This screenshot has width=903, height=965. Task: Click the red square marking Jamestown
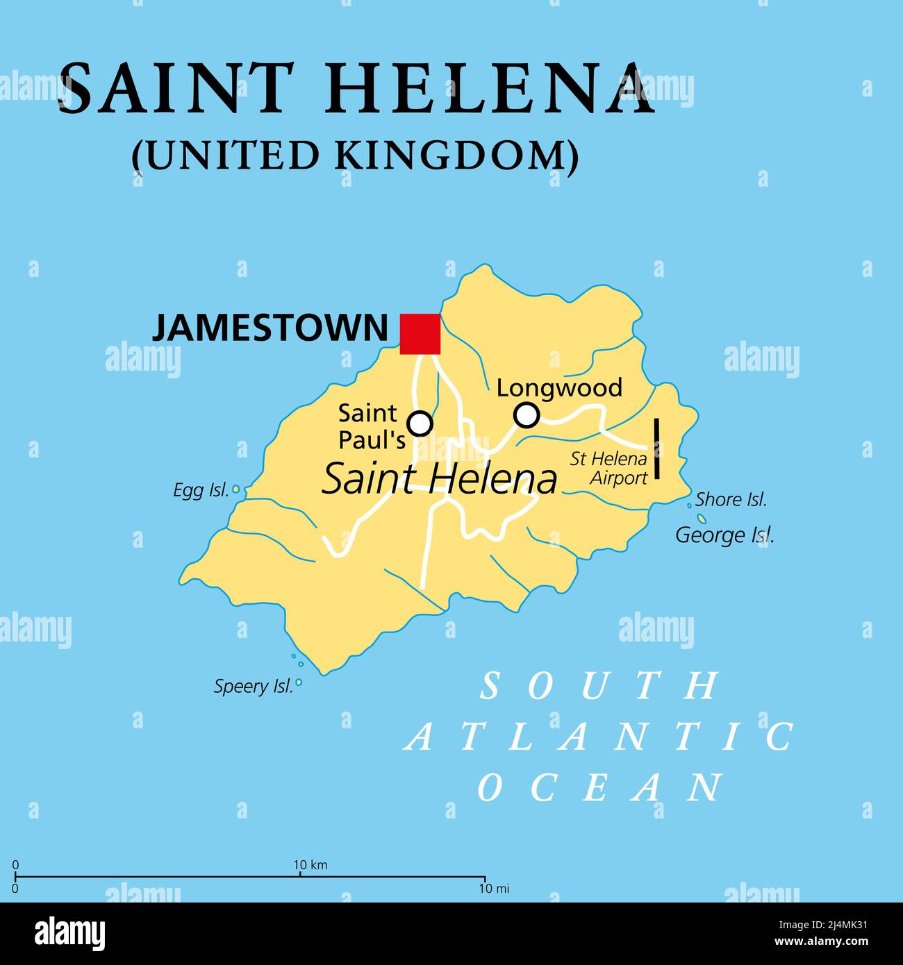420,334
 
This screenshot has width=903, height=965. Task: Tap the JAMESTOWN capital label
270,328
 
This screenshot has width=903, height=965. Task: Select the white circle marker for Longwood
527,415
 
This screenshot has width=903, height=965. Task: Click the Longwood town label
559,387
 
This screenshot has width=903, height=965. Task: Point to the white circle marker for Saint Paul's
420,423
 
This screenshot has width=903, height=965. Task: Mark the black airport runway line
656,448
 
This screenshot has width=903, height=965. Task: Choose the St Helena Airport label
609,468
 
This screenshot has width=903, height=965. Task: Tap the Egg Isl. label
201,491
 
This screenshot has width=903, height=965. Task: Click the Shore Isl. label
731,499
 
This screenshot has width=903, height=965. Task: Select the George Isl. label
724,535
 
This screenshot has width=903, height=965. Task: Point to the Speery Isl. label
253,687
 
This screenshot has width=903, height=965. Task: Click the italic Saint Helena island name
440,480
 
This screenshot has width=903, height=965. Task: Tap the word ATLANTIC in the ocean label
599,737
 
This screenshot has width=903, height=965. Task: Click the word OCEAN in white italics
599,787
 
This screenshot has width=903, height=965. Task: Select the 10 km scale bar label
310,865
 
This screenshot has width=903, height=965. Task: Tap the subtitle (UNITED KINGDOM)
355,155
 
